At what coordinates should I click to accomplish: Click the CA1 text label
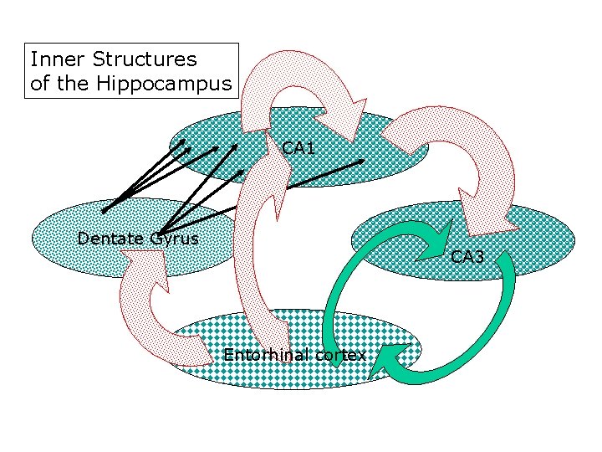[x=298, y=148]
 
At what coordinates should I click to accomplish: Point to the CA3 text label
[x=467, y=257]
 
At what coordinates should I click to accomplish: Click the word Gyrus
[x=174, y=239]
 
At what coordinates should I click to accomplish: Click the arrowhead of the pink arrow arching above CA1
[x=351, y=113]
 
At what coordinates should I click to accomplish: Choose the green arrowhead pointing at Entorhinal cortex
[x=386, y=360]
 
